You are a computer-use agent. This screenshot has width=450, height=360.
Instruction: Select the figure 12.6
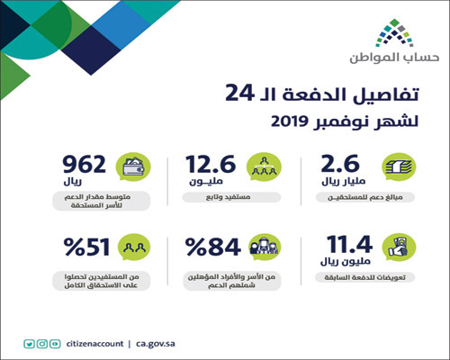pos(213,166)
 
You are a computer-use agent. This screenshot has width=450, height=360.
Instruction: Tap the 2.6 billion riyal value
pos(339,166)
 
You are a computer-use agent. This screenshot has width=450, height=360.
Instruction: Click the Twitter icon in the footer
pos(30,343)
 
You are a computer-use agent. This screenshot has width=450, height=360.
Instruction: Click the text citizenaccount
pos(94,343)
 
